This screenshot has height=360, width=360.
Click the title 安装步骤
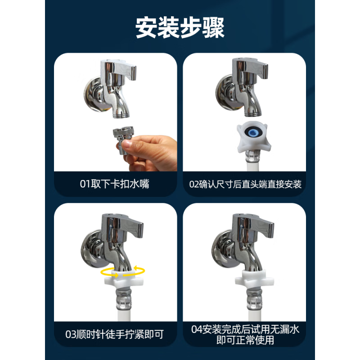(180, 27)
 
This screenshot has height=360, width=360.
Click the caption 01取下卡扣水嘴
(115, 184)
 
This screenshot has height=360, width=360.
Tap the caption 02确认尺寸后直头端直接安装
(245, 184)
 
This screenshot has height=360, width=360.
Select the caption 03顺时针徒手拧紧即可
(115, 334)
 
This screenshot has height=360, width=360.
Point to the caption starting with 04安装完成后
(245, 334)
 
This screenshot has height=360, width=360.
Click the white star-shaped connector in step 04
(254, 279)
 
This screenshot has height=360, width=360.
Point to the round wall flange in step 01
(93, 94)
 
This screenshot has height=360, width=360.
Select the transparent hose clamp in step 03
(125, 299)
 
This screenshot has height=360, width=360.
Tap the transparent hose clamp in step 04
(254, 299)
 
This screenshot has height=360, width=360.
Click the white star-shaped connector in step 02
(253, 137)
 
